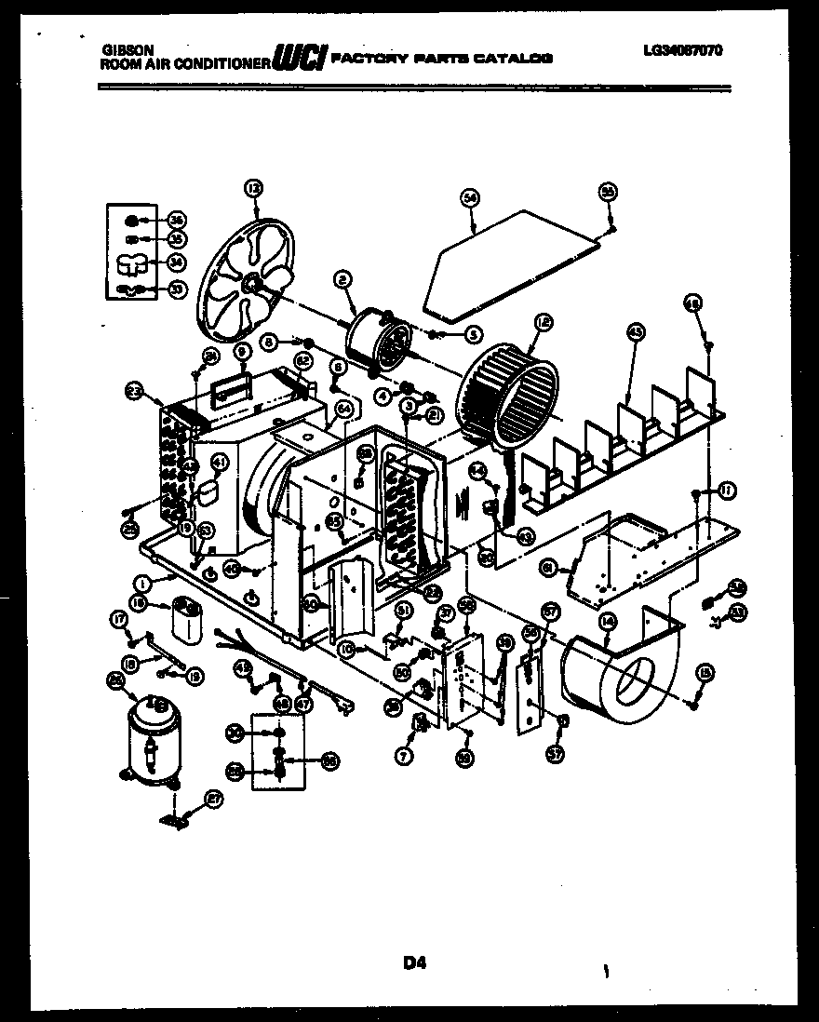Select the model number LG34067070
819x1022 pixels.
(x=682, y=52)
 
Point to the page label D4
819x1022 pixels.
(x=414, y=964)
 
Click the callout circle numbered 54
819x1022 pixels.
(x=470, y=197)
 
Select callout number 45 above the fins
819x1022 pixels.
(x=636, y=331)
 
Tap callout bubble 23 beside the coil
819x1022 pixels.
(x=135, y=392)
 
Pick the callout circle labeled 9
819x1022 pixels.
(x=242, y=352)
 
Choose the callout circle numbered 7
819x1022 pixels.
(x=403, y=757)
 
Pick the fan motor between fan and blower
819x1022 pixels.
(x=377, y=341)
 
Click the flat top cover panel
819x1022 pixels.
(x=507, y=262)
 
